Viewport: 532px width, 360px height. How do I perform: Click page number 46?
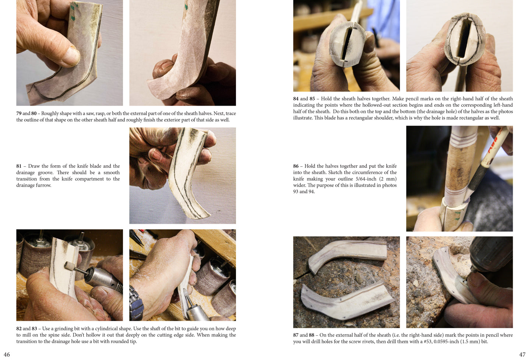[7, 354]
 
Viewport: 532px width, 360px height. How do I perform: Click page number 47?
[522, 354]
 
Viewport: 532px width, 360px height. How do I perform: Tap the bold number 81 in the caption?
[19, 166]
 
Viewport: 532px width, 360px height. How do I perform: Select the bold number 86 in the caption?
[296, 166]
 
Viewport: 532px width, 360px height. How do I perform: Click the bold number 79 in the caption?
[19, 113]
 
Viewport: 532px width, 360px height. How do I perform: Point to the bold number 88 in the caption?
[311, 335]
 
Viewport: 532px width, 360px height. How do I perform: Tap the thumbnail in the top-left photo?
[71, 56]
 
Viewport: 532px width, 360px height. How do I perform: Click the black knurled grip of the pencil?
[478, 176]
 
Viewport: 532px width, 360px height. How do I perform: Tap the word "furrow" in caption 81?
[43, 185]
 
